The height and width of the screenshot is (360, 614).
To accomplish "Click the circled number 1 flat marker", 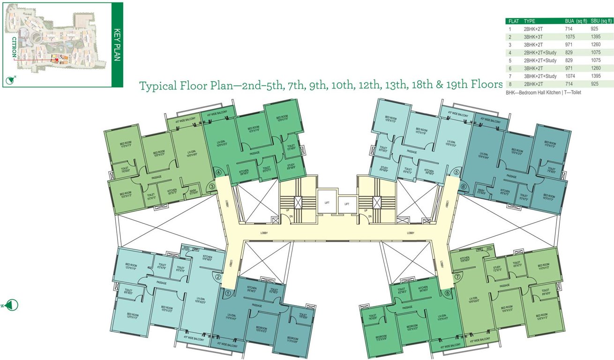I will point(227,294).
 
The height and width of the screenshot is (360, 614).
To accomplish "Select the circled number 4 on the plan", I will point(218,172).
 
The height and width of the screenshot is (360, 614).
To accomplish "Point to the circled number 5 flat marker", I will point(457,172).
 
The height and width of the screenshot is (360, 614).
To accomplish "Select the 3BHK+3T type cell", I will point(533,37).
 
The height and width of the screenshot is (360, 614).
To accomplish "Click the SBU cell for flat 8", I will point(595,83).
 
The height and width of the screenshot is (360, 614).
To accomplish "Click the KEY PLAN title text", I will point(118,45).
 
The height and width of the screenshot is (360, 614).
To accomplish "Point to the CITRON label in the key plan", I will point(14,47).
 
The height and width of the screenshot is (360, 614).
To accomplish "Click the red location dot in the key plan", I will point(57,60).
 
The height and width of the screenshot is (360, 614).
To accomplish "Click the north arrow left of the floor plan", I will point(12,305).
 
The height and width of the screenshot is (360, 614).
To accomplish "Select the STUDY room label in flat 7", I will point(497,269).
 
